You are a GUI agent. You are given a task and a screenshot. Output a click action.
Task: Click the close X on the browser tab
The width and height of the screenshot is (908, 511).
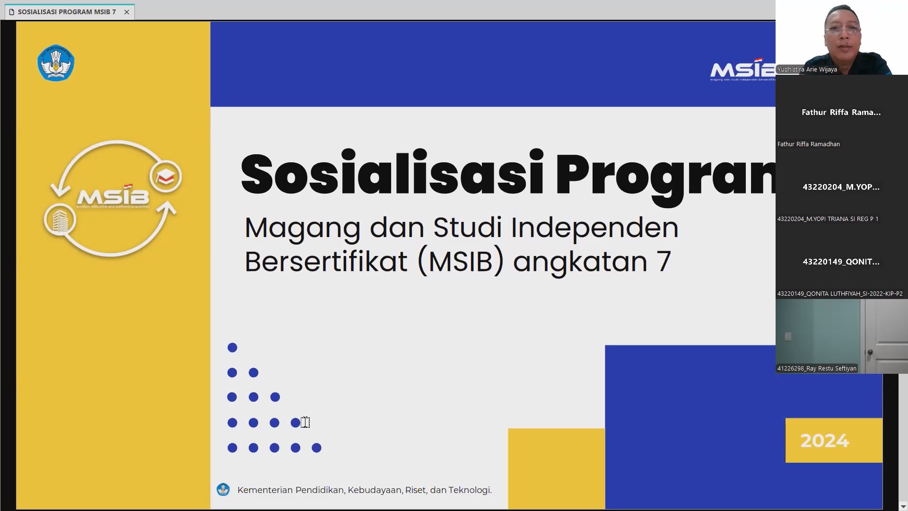pyautogui.click(x=127, y=12)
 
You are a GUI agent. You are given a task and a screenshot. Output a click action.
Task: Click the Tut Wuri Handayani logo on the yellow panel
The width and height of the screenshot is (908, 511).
pyautogui.click(x=56, y=63)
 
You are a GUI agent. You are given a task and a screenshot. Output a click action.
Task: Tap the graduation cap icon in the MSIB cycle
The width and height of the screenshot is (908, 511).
pyautogui.click(x=166, y=177)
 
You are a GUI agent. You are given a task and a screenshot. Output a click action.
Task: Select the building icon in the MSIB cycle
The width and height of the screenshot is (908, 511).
pyautogui.click(x=60, y=220)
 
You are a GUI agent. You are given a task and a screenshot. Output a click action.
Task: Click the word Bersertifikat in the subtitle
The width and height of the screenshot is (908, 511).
pyautogui.click(x=326, y=262)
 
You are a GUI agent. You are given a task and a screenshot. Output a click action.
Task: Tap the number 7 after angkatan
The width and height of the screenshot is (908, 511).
pyautogui.click(x=664, y=262)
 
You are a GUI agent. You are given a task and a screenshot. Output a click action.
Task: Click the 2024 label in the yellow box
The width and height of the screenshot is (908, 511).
pyautogui.click(x=824, y=441)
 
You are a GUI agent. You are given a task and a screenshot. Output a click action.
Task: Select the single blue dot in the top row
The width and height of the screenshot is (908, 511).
pyautogui.click(x=232, y=348)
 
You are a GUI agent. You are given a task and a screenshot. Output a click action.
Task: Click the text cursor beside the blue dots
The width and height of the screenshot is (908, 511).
pyautogui.click(x=306, y=422)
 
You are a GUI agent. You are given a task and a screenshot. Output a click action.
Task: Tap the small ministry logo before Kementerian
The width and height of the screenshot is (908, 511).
pyautogui.click(x=223, y=489)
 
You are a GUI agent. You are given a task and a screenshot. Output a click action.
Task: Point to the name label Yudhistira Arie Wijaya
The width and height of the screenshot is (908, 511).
pyautogui.click(x=807, y=70)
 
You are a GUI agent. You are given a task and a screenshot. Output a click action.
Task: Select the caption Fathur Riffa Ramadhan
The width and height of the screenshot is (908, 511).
pyautogui.click(x=808, y=144)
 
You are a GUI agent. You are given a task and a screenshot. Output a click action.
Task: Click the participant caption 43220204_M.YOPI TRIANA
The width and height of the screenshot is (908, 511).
pyautogui.click(x=828, y=219)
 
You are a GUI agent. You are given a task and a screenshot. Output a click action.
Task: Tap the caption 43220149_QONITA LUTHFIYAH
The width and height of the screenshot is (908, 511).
pyautogui.click(x=839, y=294)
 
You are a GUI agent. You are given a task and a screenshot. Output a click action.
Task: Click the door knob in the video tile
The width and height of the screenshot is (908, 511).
pyautogui.click(x=870, y=352)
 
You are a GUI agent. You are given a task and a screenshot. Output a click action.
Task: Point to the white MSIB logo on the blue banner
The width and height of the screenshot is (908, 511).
pyautogui.click(x=742, y=70)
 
